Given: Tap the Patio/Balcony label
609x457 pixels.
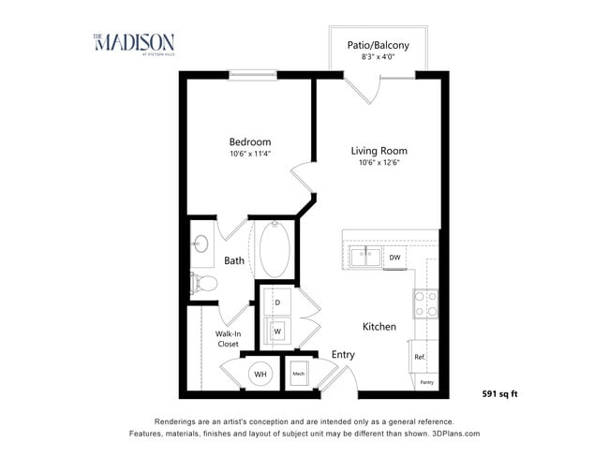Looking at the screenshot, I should tap(378, 44).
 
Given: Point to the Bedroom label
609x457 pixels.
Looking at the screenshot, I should tap(249, 142).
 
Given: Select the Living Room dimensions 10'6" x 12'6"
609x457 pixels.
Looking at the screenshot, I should tap(379, 163).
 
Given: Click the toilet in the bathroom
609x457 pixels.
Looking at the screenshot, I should tap(203, 281).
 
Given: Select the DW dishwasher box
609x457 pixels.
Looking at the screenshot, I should tap(395, 257).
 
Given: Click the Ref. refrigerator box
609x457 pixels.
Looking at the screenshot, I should tap(421, 357).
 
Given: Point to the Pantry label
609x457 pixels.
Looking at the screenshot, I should tap(426, 382).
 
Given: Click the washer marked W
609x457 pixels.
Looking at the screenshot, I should tap(277, 331).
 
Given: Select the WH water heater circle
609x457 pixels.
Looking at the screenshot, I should tap(260, 375).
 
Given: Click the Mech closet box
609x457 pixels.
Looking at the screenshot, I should tap(299, 374).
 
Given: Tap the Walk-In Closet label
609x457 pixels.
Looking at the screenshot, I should tap(228, 339).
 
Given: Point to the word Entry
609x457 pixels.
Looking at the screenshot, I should tap(343, 354).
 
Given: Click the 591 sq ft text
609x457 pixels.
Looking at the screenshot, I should tap(499, 393).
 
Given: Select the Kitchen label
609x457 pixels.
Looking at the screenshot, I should tap(379, 327).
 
